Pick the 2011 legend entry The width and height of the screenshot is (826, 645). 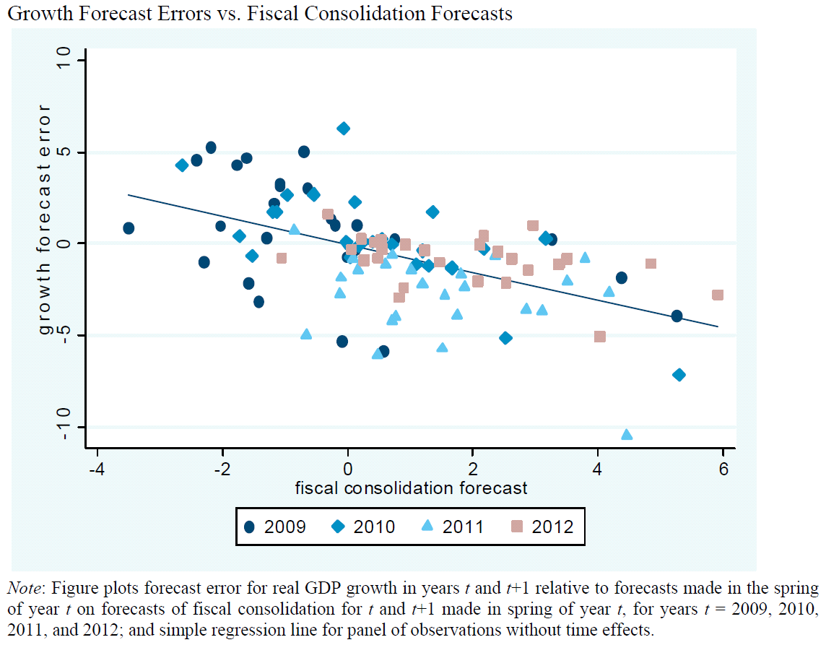pos(453,526)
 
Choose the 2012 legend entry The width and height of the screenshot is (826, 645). pos(542,526)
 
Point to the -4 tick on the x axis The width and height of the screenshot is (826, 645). pos(96,467)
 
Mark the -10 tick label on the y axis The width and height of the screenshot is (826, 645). pos(65,426)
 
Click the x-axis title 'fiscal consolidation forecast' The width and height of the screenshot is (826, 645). pos(411,488)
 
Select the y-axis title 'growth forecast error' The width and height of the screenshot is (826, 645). pos(45,219)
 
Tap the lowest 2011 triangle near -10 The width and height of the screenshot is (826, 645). pos(627,434)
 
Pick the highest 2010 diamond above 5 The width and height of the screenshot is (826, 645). pos(344,129)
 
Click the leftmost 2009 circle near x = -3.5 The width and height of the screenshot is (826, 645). pos(129,228)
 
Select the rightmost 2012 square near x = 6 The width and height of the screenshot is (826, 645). pos(718,295)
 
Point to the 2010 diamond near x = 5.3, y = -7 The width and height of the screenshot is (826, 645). pos(679,375)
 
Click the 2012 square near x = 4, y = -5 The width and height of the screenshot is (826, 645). pos(599,337)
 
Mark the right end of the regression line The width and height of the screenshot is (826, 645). pos(718,326)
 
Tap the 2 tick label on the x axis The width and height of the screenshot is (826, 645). pos(473,467)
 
